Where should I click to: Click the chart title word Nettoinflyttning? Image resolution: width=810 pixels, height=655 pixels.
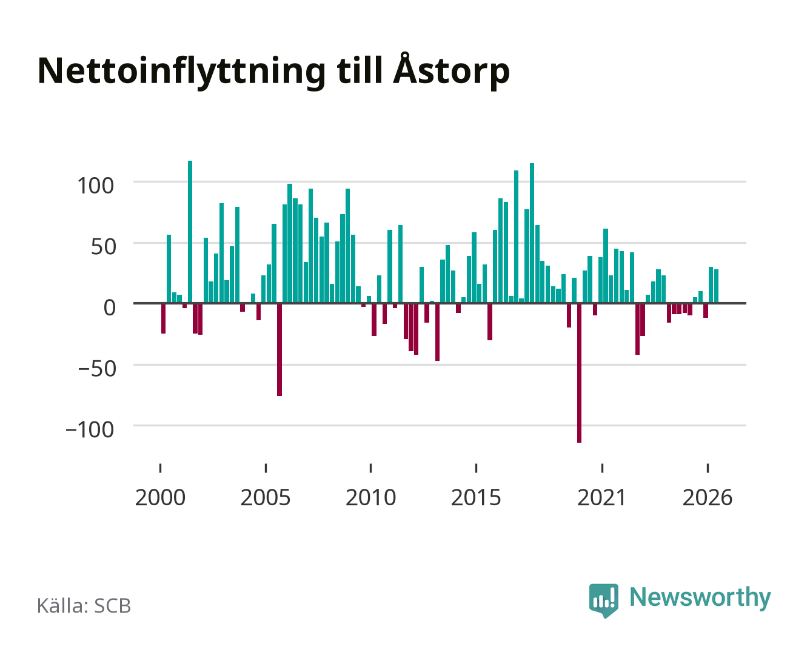[181, 71]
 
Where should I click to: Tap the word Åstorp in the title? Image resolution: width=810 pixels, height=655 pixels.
[451, 71]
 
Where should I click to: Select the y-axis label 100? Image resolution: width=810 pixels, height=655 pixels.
[95, 186]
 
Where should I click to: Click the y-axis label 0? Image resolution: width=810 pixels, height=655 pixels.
[110, 307]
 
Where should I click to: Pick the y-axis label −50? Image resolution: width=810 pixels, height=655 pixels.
[97, 369]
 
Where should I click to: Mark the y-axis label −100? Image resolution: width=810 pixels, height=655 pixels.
[90, 430]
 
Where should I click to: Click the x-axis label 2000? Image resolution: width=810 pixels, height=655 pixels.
[160, 497]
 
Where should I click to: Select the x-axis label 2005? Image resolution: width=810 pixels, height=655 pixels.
[266, 497]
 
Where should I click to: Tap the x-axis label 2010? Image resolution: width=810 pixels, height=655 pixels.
[371, 497]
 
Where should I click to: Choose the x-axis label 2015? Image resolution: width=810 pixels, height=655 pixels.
[476, 497]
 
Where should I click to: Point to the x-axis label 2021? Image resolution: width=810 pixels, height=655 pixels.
[601, 497]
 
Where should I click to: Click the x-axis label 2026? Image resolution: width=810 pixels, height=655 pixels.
[708, 497]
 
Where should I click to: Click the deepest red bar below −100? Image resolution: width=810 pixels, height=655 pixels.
[579, 373]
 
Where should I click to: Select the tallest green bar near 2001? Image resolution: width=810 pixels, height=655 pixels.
[190, 232]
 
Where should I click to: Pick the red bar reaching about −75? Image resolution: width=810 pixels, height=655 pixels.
[279, 349]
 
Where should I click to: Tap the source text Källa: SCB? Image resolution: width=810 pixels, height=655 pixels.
[84, 606]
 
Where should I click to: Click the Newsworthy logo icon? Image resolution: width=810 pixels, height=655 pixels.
[603, 600]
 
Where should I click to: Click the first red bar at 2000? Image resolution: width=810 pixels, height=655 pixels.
[164, 318]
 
